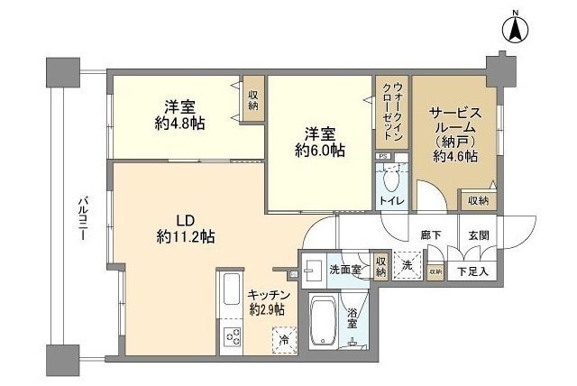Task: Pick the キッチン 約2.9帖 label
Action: (267, 302)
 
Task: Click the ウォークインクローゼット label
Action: (393, 118)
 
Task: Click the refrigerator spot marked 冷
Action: (283, 341)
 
